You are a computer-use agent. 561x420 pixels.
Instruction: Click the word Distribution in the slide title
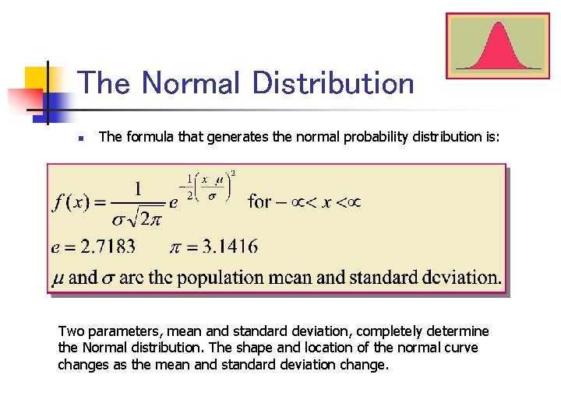pos(333,83)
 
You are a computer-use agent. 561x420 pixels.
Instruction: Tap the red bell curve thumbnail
pos(498,45)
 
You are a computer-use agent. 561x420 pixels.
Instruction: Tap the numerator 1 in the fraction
pos(138,188)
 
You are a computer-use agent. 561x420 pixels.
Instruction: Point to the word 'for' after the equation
pos(259,202)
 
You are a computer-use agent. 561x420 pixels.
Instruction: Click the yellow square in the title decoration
pos(37,79)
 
